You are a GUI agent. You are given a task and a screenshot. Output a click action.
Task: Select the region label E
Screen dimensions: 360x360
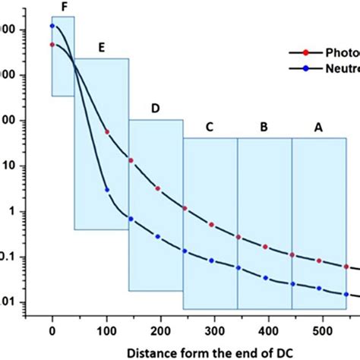point(100,47)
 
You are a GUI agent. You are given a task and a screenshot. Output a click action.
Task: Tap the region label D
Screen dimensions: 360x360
point(155,109)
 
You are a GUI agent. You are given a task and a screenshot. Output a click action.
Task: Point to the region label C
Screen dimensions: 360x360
point(210,128)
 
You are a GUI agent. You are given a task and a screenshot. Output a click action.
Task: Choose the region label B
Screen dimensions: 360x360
point(264,128)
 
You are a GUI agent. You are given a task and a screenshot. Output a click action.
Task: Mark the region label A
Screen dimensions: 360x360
point(318,128)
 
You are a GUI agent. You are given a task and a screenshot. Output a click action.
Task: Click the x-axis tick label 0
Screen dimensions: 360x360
point(52,331)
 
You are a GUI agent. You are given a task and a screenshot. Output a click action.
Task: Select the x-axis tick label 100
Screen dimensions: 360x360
point(106,331)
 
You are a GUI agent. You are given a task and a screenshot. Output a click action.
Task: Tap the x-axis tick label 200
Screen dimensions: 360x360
point(160,331)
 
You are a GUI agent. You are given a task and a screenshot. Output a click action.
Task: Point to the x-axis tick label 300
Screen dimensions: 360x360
point(215,331)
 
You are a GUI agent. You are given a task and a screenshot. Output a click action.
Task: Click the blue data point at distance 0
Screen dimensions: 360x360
point(52,26)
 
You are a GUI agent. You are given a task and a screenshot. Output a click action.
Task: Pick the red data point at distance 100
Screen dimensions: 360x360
point(106,132)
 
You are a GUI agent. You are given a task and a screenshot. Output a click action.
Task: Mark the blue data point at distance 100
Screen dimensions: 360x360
point(106,189)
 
